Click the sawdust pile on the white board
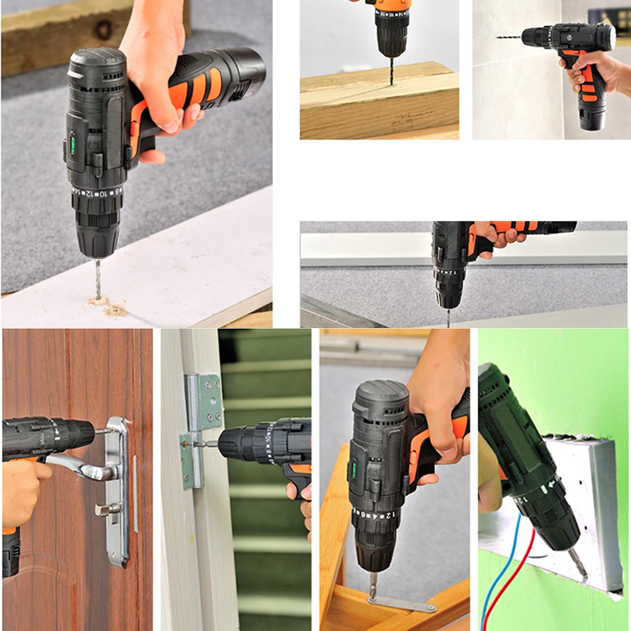click(110, 307)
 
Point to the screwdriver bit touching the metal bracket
click(373, 584)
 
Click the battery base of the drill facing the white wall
click(593, 117)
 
